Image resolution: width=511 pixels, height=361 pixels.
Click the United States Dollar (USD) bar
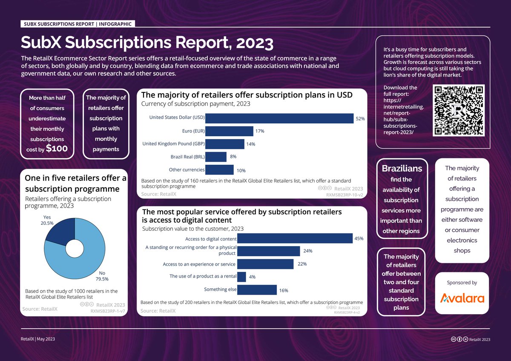pos(279,118)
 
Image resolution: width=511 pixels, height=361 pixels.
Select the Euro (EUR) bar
pos(229,131)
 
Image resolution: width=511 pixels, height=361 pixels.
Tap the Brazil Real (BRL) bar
pos(216,157)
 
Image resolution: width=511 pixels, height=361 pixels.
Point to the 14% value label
pos(250,144)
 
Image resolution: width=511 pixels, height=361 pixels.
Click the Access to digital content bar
pos(295,238)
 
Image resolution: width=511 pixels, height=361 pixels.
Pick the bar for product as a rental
pos(241,277)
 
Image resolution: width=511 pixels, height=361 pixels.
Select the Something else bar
pos(257,290)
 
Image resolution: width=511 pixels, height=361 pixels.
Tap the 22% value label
pos(302,264)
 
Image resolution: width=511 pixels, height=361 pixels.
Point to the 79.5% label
pos(102,279)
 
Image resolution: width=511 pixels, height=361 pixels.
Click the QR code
pos(459,110)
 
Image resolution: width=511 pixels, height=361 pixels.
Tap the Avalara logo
pos(462,298)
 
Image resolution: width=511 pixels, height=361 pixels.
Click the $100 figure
pos(57,149)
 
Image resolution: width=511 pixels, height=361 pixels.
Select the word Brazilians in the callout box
pos(402,169)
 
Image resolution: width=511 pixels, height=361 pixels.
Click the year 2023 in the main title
pos(255,43)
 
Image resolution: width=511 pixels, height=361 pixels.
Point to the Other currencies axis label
pos(187,170)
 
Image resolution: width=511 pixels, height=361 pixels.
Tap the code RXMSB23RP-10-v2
pos(344,195)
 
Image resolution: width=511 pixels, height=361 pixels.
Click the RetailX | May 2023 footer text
pos(38,339)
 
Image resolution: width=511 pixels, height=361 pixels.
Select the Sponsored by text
pos(462,283)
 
